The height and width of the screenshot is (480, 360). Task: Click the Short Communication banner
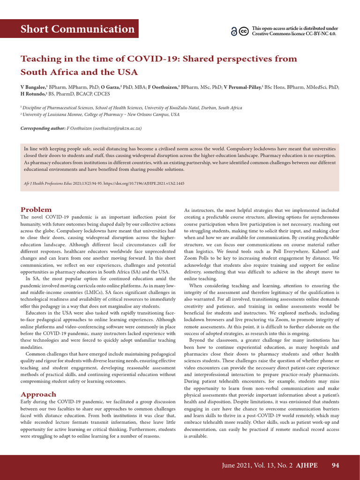pyautogui.click(x=77, y=29)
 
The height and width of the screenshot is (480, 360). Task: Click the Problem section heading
pyautogui.click(x=36, y=210)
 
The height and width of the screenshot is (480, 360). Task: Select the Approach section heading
pyautogui.click(x=38, y=394)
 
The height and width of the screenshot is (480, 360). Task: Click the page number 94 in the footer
pyautogui.click(x=335, y=465)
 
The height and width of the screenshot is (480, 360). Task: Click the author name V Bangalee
pyautogui.click(x=33, y=87)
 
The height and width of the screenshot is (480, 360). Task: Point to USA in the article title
pyautogui.click(x=128, y=73)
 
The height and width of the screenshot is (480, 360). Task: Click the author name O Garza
pyautogui.click(x=110, y=87)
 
